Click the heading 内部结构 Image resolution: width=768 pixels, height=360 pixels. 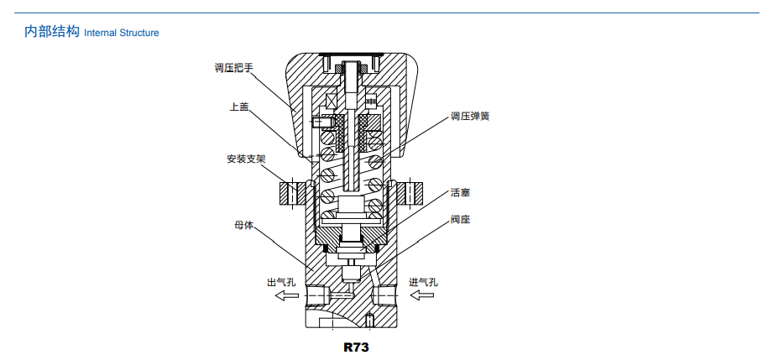click(51, 32)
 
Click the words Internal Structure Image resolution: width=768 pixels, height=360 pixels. click(122, 34)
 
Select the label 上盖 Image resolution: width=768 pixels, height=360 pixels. click(239, 107)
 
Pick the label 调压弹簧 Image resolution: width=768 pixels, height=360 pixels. click(469, 116)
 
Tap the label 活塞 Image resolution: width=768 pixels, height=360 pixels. click(459, 192)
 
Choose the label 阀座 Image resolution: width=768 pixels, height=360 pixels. click(459, 220)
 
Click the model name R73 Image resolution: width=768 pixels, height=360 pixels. click(356, 346)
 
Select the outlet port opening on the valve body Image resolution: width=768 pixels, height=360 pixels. click(315, 296)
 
